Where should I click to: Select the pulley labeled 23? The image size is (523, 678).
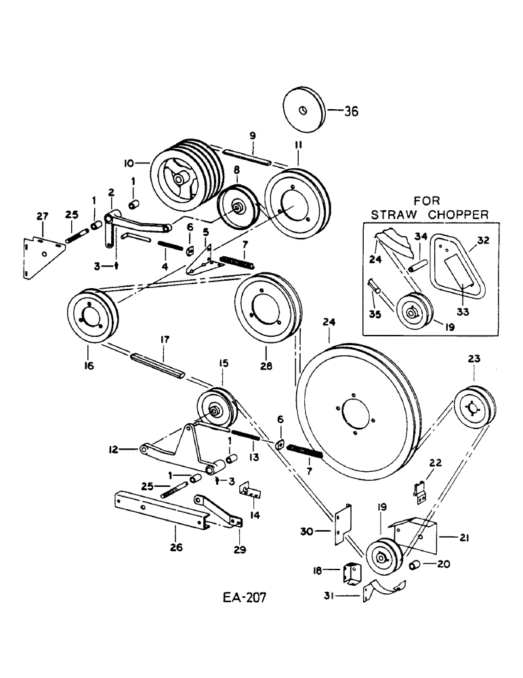pos(473,410)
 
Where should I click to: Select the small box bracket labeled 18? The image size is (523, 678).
pos(352,574)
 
